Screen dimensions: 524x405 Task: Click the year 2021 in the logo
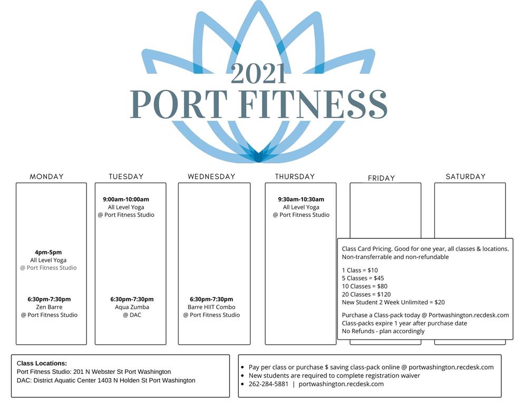[x=258, y=74]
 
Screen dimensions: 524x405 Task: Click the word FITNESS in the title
[x=314, y=104]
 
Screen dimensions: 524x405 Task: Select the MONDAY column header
[x=46, y=177]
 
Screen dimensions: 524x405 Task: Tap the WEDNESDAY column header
[x=211, y=177]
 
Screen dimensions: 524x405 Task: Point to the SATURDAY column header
[x=465, y=177]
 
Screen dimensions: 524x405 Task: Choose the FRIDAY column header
[x=381, y=178]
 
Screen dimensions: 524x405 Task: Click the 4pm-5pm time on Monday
[x=48, y=252]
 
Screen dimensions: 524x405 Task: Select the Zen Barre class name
[x=49, y=307]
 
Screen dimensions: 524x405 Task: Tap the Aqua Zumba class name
[x=132, y=307]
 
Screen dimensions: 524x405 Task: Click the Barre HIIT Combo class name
[x=211, y=307]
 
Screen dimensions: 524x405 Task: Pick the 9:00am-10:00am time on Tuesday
[x=126, y=199]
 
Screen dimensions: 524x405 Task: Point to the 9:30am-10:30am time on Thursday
[x=301, y=199]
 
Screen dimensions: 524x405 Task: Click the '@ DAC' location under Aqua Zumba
[x=132, y=315]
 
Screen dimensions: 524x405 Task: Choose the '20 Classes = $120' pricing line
[x=366, y=294]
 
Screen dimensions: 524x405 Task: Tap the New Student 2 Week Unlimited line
[x=393, y=302]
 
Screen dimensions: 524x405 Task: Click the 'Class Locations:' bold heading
[x=42, y=363]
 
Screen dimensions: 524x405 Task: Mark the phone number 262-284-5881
[x=268, y=384]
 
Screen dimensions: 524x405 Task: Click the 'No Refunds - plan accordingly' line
[x=383, y=331]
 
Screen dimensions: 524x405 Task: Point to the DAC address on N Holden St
[x=106, y=380]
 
